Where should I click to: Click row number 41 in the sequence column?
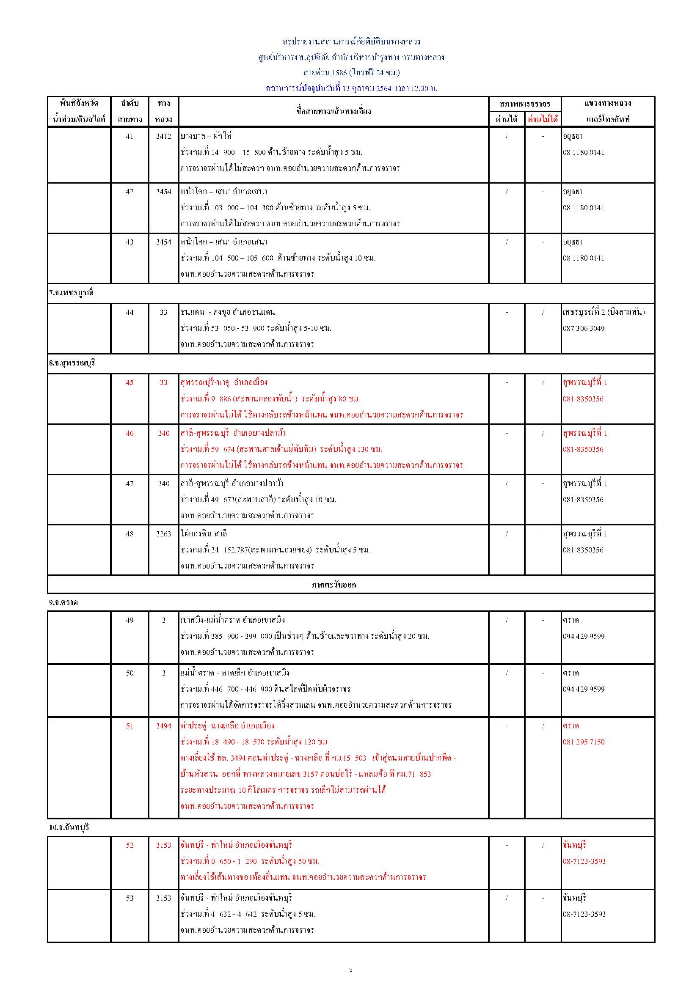click(130, 137)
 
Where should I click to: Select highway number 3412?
click(164, 137)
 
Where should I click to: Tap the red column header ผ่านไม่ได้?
click(543, 119)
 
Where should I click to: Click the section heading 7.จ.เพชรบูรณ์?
click(71, 293)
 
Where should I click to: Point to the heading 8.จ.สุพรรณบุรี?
click(72, 363)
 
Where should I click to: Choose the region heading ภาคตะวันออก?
click(334, 585)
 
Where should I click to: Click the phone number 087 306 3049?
click(584, 328)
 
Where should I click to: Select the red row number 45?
click(130, 382)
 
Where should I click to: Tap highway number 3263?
click(164, 534)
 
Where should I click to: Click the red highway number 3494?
click(164, 726)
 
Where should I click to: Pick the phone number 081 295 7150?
click(584, 742)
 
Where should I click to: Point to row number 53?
click(130, 898)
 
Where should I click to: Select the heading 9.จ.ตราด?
click(63, 602)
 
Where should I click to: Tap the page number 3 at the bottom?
click(350, 970)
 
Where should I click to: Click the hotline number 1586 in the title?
click(339, 73)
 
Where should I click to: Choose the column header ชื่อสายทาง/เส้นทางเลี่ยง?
click(333, 111)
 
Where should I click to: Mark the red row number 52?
click(130, 845)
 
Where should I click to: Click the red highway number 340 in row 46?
click(164, 433)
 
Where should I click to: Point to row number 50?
click(130, 673)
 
